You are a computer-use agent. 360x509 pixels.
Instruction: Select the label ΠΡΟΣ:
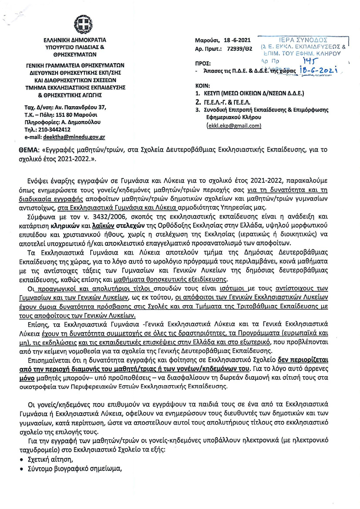tap(202, 64)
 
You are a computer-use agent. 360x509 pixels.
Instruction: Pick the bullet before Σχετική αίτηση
tap(22, 460)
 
